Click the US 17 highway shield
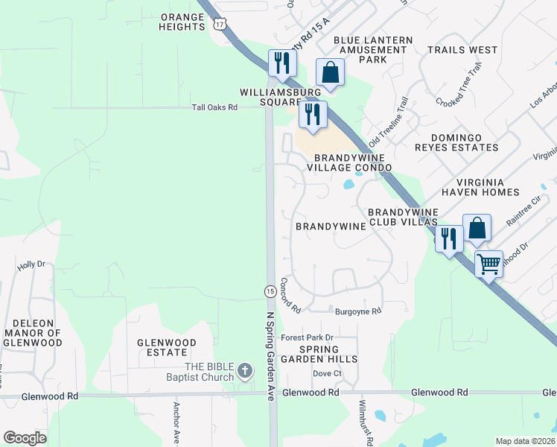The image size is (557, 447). pos(219,25)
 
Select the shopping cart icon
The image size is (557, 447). pos(488,264)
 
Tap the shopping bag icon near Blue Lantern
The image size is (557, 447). pos(330,72)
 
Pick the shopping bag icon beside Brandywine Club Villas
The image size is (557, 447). pos(477,228)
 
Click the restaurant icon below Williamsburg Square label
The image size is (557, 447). pos(312,115)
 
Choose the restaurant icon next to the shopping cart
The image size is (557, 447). pos(448,238)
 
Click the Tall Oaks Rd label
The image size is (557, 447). pos(214,107)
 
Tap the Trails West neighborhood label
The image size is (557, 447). pos(462,50)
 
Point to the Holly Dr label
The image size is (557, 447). pos(31,264)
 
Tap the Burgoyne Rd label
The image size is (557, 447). pos(358,311)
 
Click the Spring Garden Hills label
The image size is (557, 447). pos(328,354)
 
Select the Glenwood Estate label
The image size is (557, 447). pos(166,347)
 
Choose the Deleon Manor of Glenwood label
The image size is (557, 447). pos(33,333)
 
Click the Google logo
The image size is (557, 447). pos(25,438)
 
